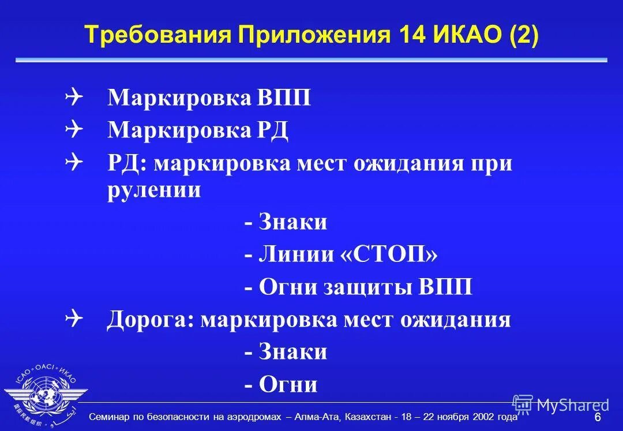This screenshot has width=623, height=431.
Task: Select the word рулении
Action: pyautogui.click(x=154, y=190)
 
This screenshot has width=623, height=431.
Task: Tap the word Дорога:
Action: pyautogui.click(x=150, y=320)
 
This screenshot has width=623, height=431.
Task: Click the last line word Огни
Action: pyautogui.click(x=288, y=384)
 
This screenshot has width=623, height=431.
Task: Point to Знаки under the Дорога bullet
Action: pyautogui.click(x=293, y=352)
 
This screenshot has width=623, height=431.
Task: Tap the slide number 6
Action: pyautogui.click(x=598, y=417)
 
